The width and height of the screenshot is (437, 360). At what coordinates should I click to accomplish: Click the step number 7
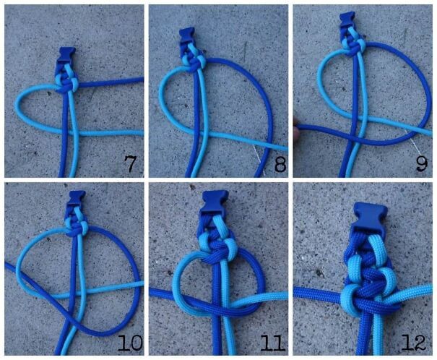click(x=130, y=163)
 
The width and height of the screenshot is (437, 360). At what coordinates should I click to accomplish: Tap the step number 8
click(x=280, y=164)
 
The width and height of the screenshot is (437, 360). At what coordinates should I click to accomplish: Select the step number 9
click(x=422, y=163)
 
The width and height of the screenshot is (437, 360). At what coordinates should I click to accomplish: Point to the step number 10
click(x=130, y=343)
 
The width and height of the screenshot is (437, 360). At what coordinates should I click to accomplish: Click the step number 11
click(x=273, y=343)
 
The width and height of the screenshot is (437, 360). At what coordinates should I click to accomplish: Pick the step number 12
click(x=414, y=343)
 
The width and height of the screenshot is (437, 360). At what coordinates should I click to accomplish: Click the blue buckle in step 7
click(x=66, y=56)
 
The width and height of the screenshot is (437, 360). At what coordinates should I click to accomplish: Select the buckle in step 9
click(x=347, y=19)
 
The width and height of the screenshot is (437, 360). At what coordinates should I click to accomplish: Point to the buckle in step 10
click(x=77, y=199)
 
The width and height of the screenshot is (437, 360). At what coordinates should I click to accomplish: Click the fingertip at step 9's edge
click(x=295, y=129)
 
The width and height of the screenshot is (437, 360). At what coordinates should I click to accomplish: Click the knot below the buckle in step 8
click(x=193, y=59)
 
